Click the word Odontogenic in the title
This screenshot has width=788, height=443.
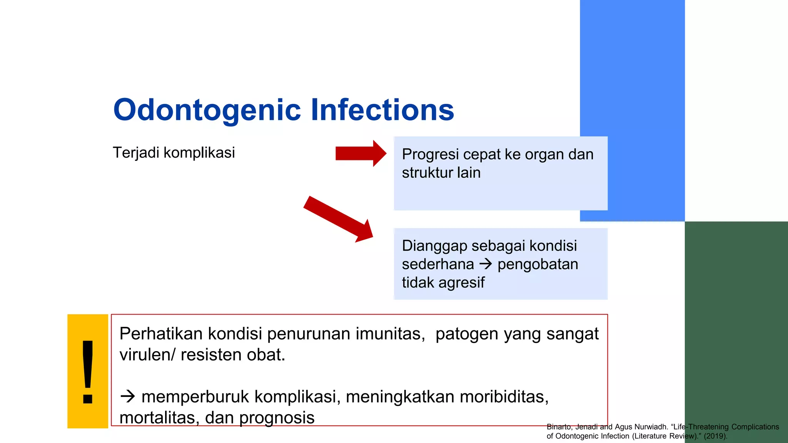[207, 110]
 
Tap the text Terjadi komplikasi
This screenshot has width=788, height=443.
[174, 153]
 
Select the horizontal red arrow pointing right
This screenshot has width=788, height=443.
[360, 153]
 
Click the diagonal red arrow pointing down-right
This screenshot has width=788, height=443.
[337, 219]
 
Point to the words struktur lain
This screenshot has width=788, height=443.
[441, 173]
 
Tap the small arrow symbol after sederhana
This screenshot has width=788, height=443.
[486, 264]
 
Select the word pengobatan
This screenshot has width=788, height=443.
[538, 265]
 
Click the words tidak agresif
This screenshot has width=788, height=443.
[443, 283]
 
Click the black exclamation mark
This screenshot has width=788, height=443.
[88, 371]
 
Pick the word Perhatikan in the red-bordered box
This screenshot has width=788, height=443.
[161, 334]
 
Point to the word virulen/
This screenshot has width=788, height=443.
[147, 355]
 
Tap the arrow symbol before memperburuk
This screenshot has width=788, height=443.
[127, 396]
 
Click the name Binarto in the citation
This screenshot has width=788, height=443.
[559, 427]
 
